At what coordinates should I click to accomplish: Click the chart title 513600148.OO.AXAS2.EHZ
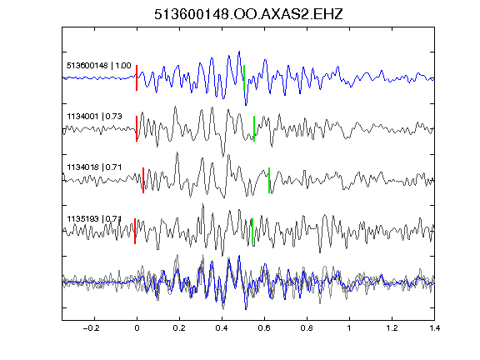248,14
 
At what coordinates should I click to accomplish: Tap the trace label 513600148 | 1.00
99,66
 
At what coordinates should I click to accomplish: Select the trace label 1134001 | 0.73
95,117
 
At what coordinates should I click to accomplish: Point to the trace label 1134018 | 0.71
95,167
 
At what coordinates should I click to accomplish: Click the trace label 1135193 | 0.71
95,218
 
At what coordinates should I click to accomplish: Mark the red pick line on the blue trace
137,77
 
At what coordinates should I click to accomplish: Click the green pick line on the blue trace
244,77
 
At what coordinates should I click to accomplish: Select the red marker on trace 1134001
137,128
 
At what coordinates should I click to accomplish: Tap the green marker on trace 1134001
254,128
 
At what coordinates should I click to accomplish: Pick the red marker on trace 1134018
143,180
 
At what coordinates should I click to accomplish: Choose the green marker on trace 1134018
269,180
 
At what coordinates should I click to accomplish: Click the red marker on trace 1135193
135,231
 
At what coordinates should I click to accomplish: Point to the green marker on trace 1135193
252,232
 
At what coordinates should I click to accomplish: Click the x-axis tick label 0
137,328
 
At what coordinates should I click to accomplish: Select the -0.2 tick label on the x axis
91,328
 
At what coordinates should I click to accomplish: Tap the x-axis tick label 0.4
222,328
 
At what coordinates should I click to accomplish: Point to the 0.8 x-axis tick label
307,328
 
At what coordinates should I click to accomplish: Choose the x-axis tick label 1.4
434,328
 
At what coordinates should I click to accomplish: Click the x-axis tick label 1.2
392,328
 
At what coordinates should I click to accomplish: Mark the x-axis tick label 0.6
264,328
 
